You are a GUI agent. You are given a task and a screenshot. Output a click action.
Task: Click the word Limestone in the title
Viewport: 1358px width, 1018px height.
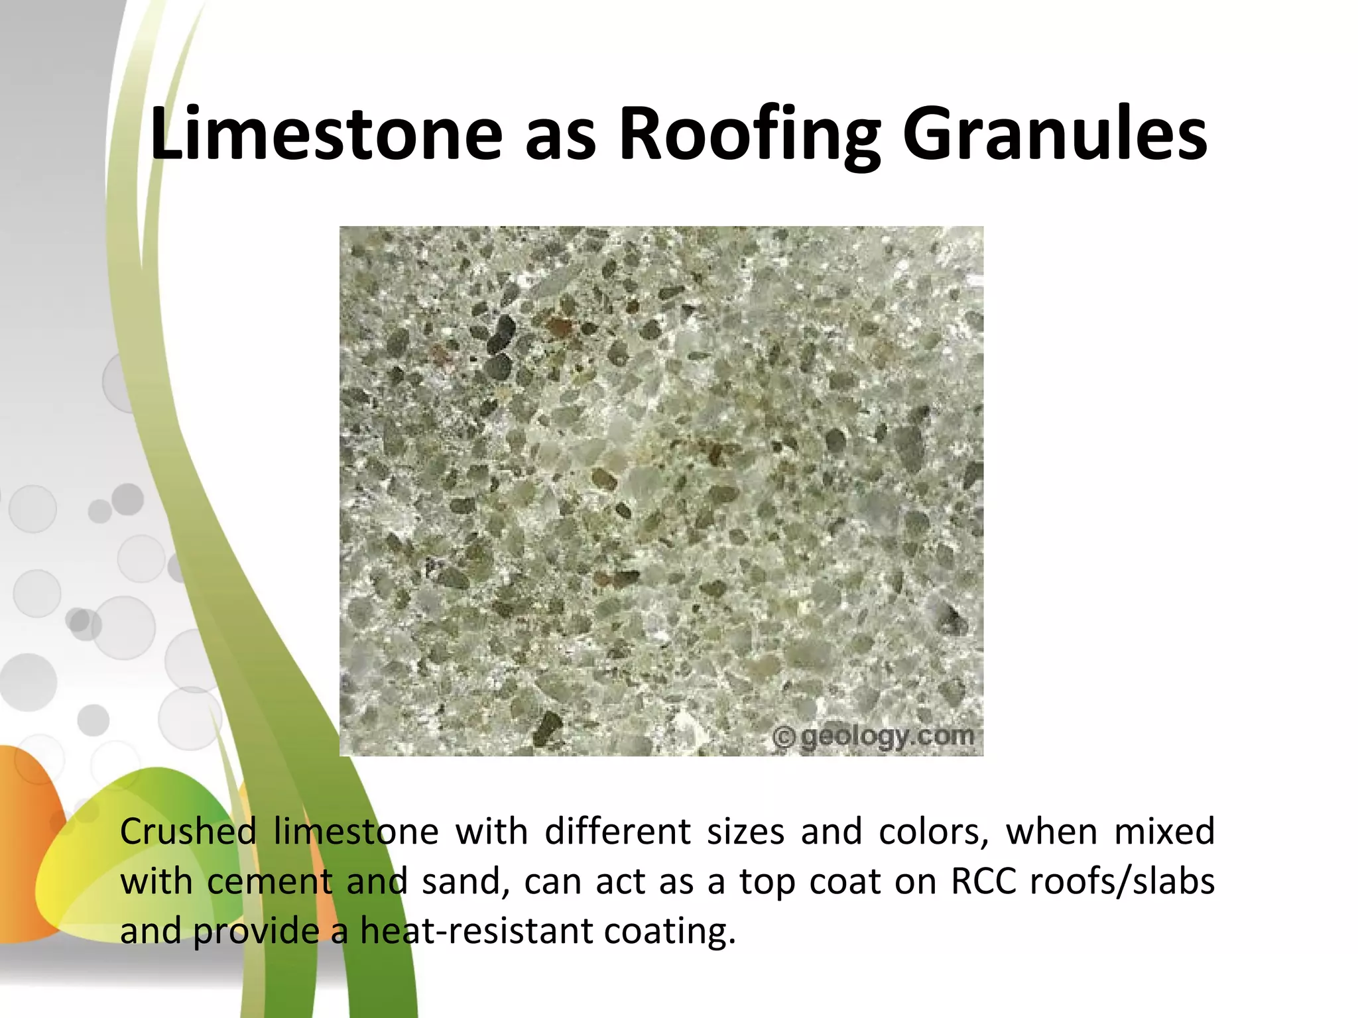point(326,135)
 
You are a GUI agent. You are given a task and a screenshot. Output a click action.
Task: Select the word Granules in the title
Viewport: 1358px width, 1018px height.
point(1055,135)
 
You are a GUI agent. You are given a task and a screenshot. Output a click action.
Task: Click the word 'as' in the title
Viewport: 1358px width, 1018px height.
point(560,139)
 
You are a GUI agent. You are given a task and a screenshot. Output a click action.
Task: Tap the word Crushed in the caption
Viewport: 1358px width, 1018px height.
point(188,832)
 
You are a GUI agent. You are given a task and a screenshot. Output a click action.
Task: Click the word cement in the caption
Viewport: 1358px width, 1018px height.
point(269,882)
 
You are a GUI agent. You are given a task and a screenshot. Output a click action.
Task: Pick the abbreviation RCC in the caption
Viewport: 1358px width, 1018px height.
point(983,882)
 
